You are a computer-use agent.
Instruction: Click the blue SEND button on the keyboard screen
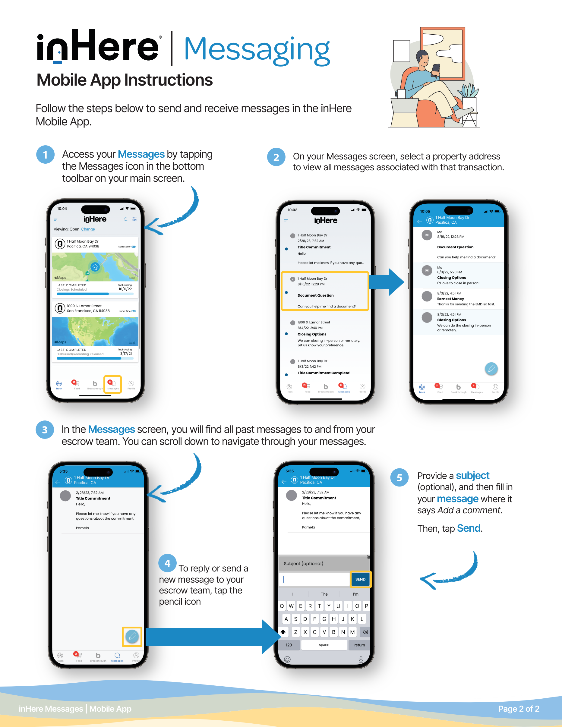(x=360, y=579)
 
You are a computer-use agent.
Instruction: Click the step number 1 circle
(x=45, y=155)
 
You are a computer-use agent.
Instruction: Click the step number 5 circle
(x=399, y=478)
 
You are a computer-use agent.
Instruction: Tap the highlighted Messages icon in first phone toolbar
(x=112, y=385)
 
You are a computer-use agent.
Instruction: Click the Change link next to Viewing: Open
(x=88, y=229)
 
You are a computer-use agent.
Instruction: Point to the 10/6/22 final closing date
(x=125, y=289)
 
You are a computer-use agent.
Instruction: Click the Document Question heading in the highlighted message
(x=315, y=295)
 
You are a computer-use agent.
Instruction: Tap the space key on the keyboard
(x=324, y=645)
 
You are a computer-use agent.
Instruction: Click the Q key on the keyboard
(x=282, y=606)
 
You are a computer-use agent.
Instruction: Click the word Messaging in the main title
(x=256, y=50)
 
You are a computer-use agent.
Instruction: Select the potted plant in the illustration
(x=469, y=93)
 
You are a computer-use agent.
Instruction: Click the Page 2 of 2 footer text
(x=518, y=709)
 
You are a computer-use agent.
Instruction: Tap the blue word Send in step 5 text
(x=469, y=528)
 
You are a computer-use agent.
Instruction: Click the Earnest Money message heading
(x=450, y=299)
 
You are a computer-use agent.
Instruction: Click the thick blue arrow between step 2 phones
(x=386, y=282)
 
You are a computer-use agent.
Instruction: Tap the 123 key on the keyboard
(x=289, y=645)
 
